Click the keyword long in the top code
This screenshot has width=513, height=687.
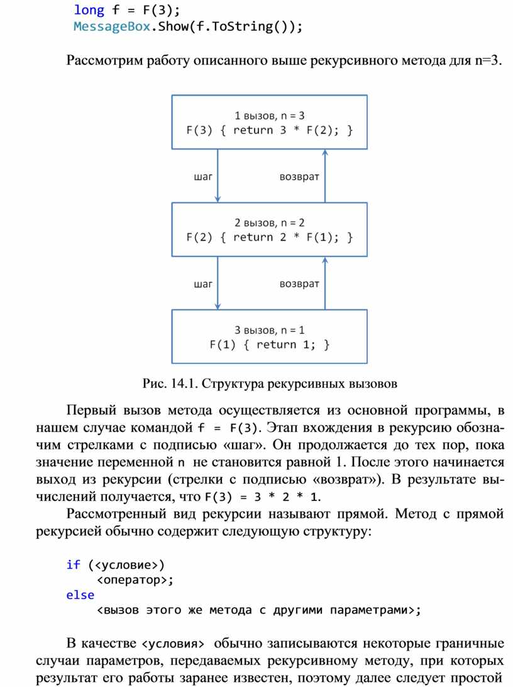(89, 10)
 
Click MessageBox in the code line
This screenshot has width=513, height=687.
(112, 26)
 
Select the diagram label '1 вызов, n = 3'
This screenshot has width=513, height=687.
(270, 116)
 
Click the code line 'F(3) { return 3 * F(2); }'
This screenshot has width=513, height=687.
(270, 130)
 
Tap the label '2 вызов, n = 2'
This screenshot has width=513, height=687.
(270, 223)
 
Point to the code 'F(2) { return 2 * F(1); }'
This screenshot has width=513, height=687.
(270, 237)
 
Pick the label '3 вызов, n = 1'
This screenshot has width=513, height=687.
(270, 330)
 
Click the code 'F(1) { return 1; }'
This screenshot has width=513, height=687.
(270, 344)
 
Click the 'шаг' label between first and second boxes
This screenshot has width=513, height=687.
(203, 177)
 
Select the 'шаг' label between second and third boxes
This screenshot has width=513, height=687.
(203, 284)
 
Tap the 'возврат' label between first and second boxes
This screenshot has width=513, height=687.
(299, 177)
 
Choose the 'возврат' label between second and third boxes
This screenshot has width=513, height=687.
(299, 284)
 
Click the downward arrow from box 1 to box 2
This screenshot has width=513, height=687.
(218, 176)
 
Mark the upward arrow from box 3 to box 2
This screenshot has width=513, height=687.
(325, 283)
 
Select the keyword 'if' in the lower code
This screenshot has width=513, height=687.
(73, 564)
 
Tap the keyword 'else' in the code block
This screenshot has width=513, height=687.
(80, 595)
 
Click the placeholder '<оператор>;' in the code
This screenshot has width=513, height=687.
(135, 580)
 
